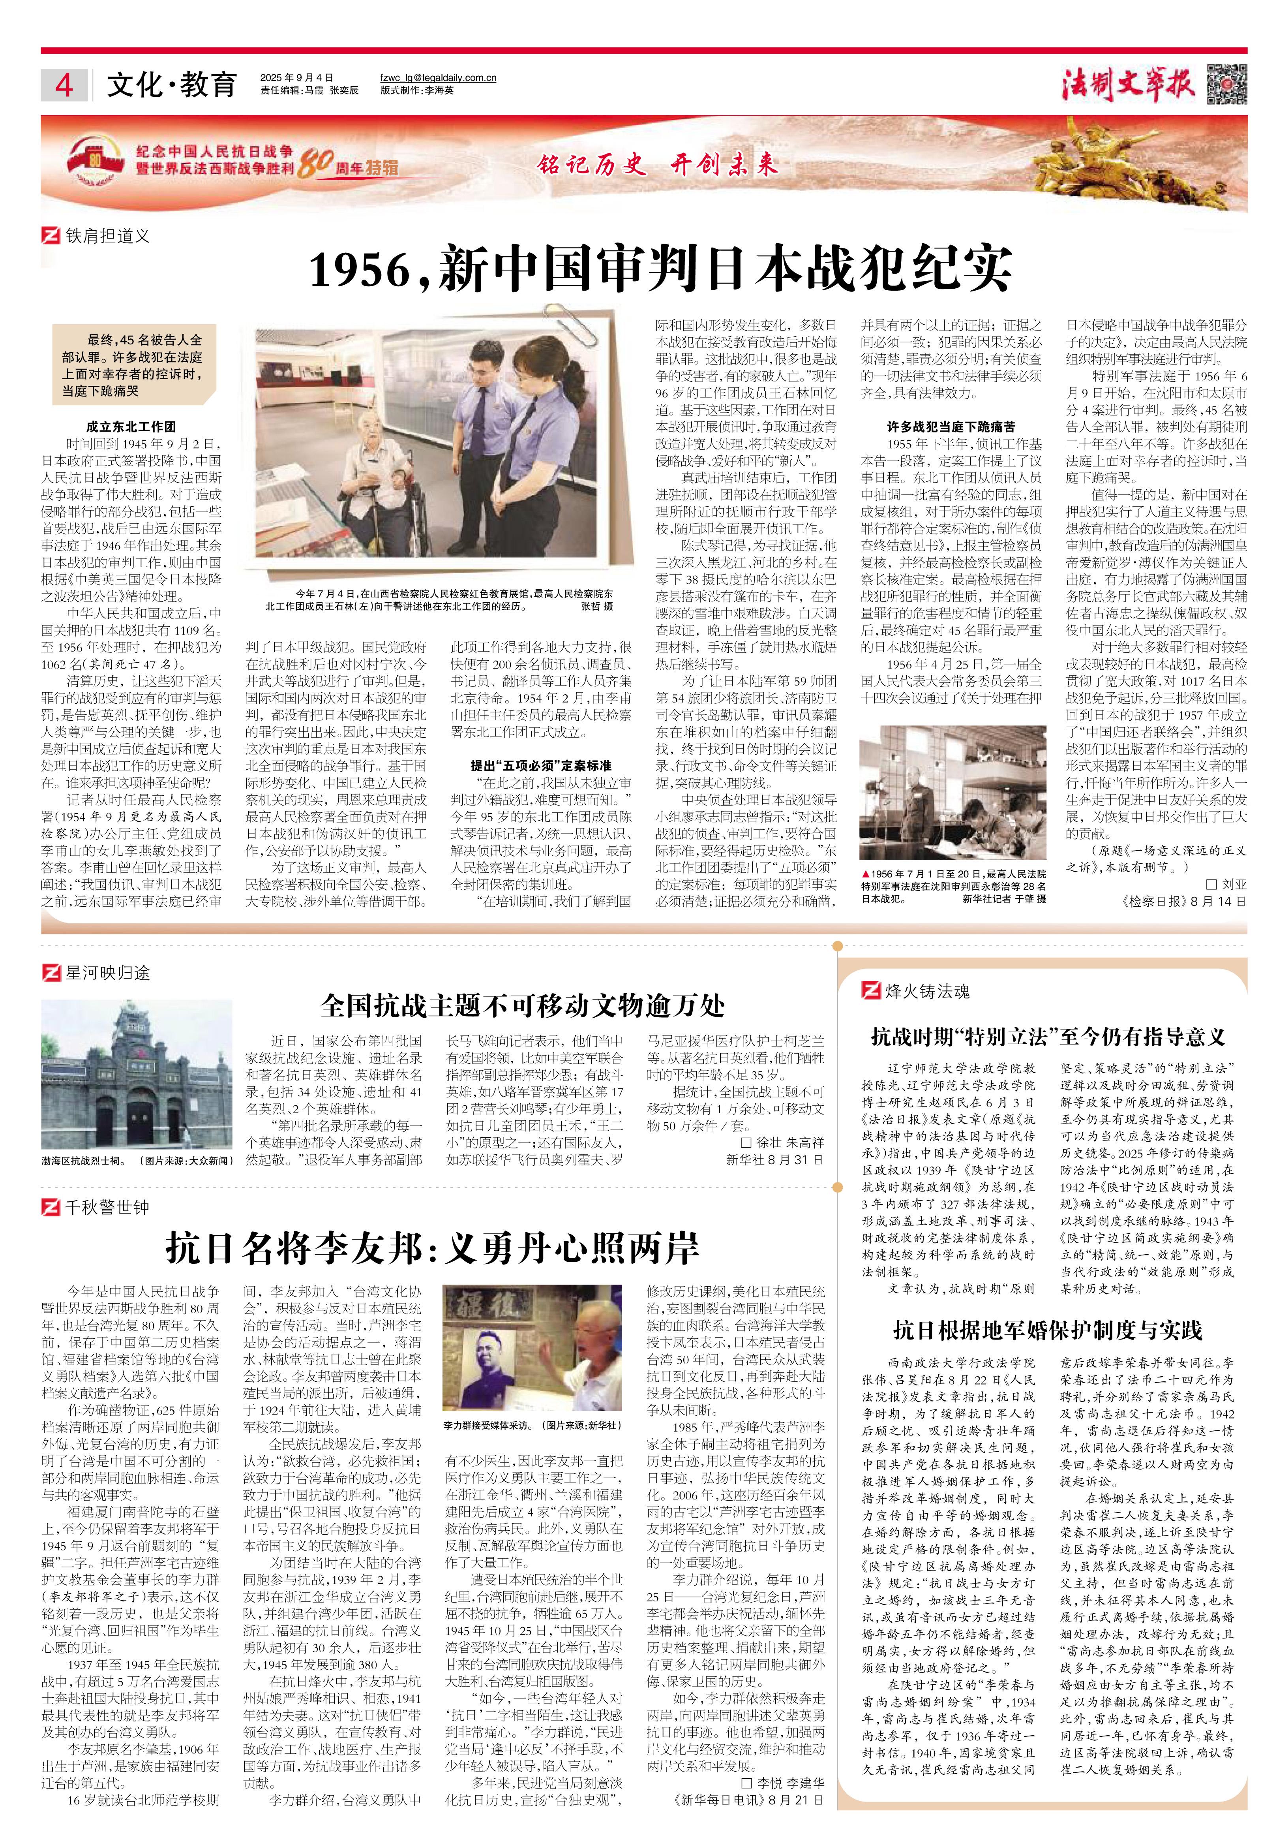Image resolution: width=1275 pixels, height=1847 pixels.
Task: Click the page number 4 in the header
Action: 64,85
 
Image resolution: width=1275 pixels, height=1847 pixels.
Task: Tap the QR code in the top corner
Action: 1226,83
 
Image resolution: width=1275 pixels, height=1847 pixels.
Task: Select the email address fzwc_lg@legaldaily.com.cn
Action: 439,77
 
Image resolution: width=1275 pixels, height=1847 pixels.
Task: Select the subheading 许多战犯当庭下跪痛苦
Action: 951,427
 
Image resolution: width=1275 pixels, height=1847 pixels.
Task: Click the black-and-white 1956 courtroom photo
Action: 952,794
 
